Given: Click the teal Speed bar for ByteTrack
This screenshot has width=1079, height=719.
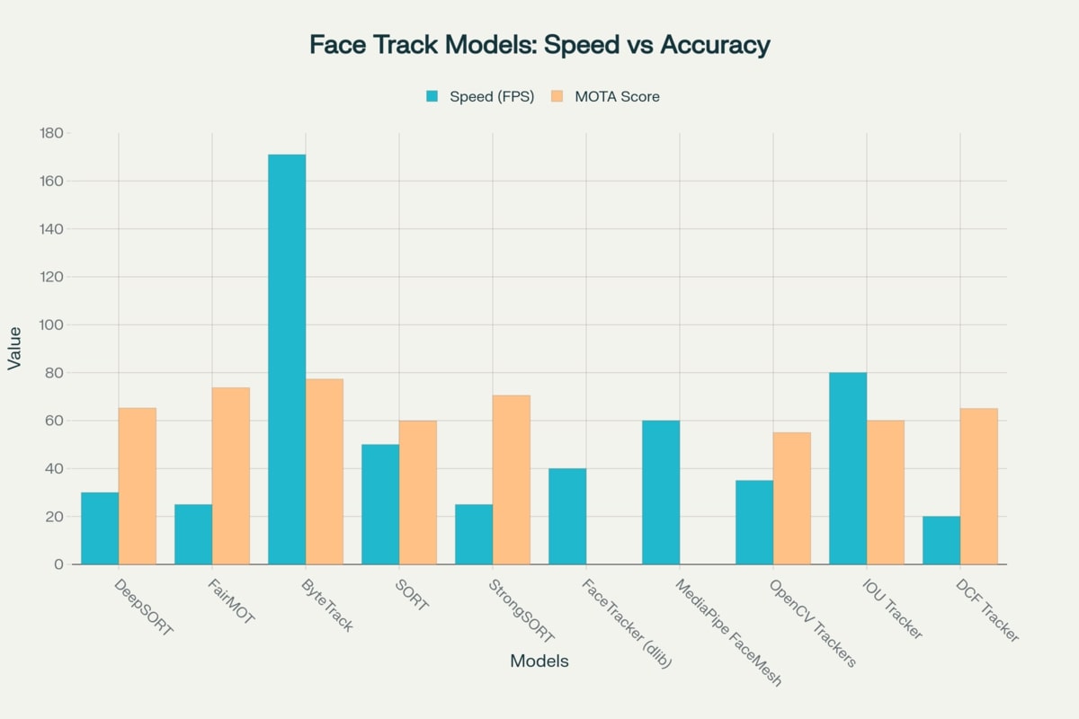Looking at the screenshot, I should [287, 359].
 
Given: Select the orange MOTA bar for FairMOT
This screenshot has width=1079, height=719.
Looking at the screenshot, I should [231, 476].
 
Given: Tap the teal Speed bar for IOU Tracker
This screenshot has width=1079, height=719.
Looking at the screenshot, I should [848, 468].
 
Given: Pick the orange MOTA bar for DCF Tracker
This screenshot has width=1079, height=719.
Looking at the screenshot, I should [979, 486].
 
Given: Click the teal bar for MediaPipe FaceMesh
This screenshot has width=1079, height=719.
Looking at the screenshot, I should [661, 493].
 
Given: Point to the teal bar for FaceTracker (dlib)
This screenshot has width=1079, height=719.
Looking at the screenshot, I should [567, 517].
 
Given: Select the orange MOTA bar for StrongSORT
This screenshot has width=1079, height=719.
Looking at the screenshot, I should [512, 480].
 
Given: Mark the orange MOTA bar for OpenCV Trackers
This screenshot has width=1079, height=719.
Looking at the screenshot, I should [792, 499].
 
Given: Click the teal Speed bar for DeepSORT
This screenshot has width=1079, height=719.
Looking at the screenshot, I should [100, 528].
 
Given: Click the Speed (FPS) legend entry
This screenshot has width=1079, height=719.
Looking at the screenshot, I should [480, 96].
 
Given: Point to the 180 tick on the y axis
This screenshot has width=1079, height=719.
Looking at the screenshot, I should [51, 133].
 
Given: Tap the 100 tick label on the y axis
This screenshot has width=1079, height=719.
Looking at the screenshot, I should [51, 324].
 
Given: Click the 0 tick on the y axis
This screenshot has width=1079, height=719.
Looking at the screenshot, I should [58, 564].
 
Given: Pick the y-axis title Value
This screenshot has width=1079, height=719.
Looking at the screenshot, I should [14, 349].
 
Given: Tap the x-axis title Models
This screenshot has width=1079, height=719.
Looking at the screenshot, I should [539, 661].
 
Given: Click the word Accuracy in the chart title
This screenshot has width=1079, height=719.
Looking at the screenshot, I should [715, 46].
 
